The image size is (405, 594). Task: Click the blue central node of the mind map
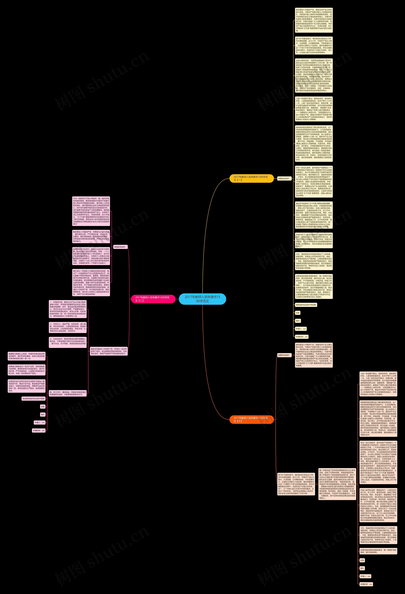click(202, 299)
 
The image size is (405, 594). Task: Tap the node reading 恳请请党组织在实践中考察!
click(33, 398)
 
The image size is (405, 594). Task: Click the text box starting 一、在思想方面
click(68, 309)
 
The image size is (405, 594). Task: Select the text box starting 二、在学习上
click(68, 327)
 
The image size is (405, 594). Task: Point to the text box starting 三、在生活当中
click(68, 342)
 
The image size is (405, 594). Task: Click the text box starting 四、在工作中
click(68, 393)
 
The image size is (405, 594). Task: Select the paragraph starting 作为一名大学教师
click(378, 462)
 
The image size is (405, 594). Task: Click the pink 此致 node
click(43, 406)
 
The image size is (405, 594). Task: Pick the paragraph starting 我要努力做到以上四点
click(27, 356)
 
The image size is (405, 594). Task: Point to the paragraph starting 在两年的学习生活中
click(91, 256)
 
